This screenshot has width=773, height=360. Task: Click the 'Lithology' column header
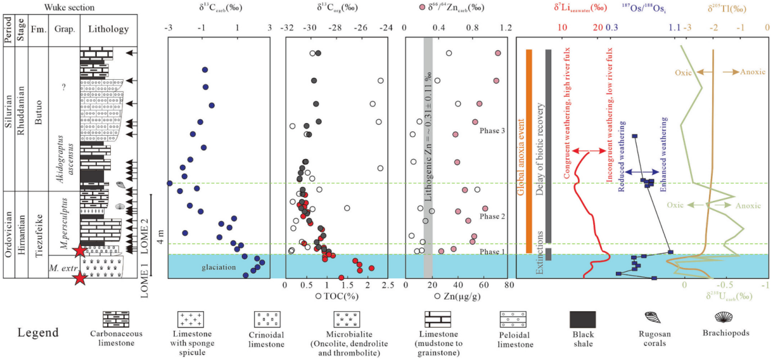(108, 29)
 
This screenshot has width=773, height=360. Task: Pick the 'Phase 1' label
(492, 252)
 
